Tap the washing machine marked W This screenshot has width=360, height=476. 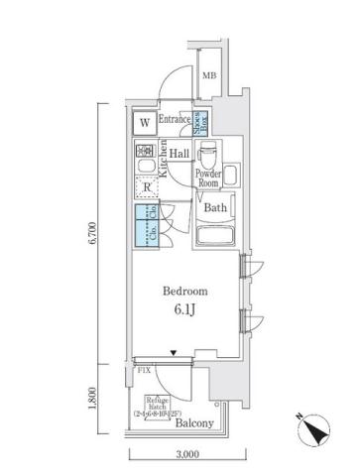point(144,123)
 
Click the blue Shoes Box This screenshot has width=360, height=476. point(200,122)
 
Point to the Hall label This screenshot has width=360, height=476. point(180,154)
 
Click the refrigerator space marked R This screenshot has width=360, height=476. point(146,188)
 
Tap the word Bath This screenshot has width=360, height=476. point(215,208)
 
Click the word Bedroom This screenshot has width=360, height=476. point(185,292)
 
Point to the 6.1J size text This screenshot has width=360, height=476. point(185,309)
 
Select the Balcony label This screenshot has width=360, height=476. point(194,424)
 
